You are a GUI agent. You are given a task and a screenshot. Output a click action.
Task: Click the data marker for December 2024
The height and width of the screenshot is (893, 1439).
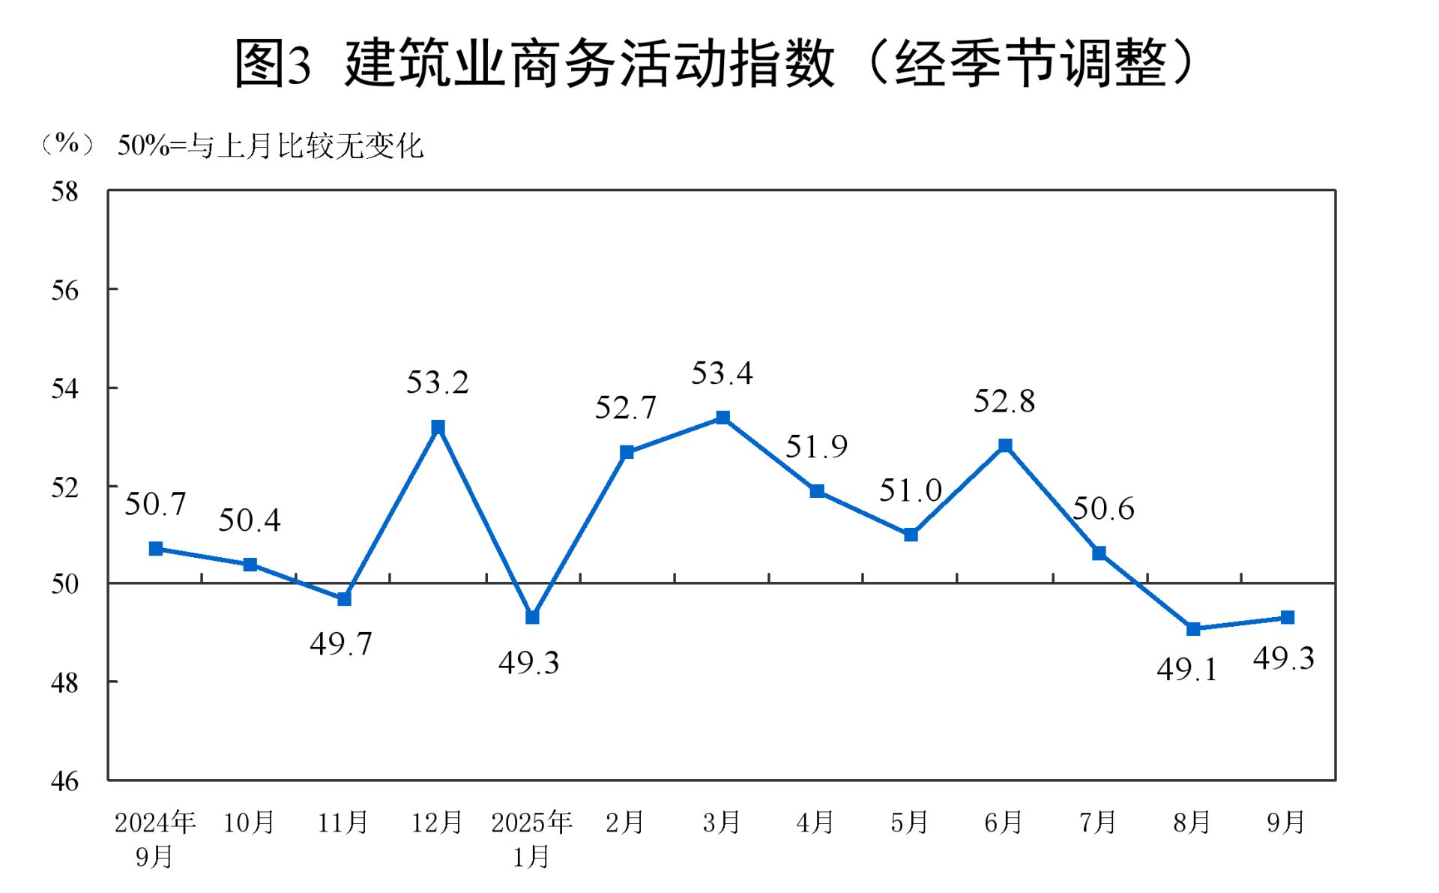pyautogui.click(x=438, y=427)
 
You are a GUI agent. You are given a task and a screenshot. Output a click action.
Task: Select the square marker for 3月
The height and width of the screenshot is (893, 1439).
pyautogui.click(x=722, y=418)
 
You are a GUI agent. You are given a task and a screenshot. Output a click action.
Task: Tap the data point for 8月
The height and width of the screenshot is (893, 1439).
pyautogui.click(x=1193, y=628)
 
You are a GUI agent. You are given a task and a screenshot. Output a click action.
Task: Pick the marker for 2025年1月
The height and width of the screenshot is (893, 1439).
pyautogui.click(x=532, y=617)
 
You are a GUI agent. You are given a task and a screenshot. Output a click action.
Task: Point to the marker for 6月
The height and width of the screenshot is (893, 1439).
pyautogui.click(x=1005, y=445)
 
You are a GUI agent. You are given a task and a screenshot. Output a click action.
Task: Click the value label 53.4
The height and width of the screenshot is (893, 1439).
pyautogui.click(x=722, y=373)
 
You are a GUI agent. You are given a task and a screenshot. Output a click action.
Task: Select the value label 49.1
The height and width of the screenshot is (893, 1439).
pyautogui.click(x=1187, y=669)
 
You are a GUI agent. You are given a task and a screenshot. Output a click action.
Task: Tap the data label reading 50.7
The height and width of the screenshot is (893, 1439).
pyautogui.click(x=155, y=504)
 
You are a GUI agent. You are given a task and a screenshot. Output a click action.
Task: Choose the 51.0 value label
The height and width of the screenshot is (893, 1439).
pyautogui.click(x=910, y=490)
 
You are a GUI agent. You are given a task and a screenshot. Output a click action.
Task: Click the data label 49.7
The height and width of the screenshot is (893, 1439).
pyautogui.click(x=341, y=643)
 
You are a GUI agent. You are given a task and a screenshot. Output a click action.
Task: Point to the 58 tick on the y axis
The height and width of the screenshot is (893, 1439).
pyautogui.click(x=64, y=192)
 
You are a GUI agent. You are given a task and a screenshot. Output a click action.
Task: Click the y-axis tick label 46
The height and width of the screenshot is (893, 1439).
pyautogui.click(x=64, y=781)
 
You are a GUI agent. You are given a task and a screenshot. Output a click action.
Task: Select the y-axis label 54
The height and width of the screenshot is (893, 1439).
pyautogui.click(x=64, y=388)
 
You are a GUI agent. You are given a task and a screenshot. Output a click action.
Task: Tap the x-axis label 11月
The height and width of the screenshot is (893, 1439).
pyautogui.click(x=343, y=823)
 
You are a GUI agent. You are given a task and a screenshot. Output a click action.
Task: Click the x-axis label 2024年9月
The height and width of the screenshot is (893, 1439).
pyautogui.click(x=155, y=838)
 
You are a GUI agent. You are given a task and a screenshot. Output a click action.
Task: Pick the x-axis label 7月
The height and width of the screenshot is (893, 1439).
pyautogui.click(x=1098, y=823)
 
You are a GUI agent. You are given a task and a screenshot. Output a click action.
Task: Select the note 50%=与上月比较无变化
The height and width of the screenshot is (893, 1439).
pyautogui.click(x=271, y=145)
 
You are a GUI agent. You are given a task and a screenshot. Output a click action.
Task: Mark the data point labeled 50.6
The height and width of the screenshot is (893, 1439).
pyautogui.click(x=1099, y=553)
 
